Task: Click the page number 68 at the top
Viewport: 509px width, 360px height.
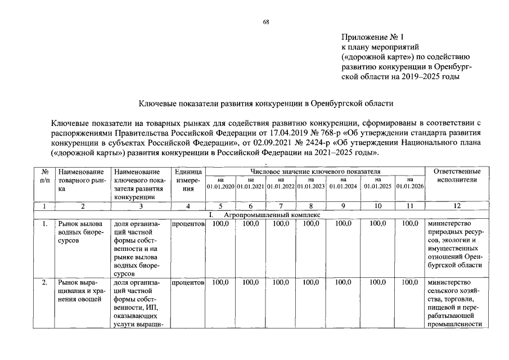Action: coord(266,22)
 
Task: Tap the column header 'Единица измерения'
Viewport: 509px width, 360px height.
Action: coord(188,179)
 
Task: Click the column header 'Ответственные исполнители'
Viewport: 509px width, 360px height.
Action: coord(457,175)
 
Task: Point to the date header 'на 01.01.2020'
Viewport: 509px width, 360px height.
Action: coord(220,183)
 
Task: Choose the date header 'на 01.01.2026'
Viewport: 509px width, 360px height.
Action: coord(410,183)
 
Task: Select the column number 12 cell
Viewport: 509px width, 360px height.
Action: coord(457,206)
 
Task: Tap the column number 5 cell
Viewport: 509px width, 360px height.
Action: coord(220,206)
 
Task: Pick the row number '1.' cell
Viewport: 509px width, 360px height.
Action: coord(44,224)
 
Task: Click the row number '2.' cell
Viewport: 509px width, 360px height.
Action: coord(44,282)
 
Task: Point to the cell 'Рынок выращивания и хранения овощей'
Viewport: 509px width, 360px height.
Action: coord(79,291)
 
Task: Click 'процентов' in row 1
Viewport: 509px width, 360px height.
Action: coord(188,224)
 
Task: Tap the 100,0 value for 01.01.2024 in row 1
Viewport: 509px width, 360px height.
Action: coord(343,224)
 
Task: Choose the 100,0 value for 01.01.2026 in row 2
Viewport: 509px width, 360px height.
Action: coord(410,282)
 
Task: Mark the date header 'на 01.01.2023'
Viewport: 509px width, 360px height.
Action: coord(311,183)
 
